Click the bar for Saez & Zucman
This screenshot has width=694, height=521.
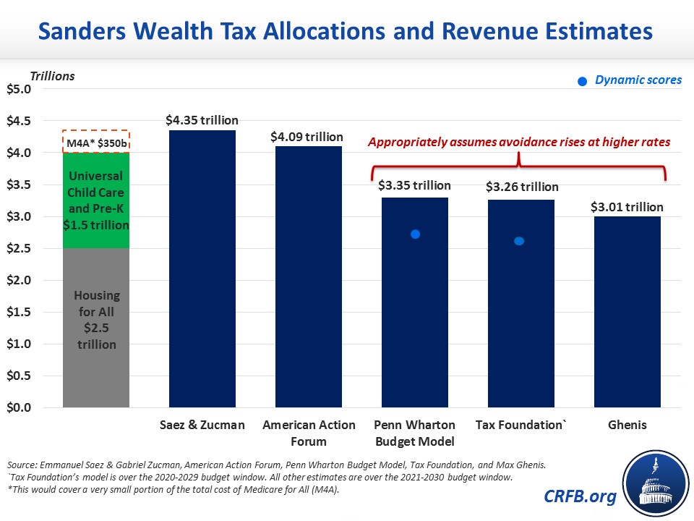[202, 268]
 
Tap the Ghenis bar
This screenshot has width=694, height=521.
[627, 312]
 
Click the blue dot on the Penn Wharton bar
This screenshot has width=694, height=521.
[415, 234]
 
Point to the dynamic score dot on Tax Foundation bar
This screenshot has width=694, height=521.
[518, 241]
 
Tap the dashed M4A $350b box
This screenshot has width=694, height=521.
[96, 141]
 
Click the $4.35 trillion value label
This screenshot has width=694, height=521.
[202, 120]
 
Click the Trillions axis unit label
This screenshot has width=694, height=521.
[52, 75]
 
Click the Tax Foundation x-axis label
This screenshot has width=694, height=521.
[518, 425]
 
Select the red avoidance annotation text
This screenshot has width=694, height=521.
[519, 142]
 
